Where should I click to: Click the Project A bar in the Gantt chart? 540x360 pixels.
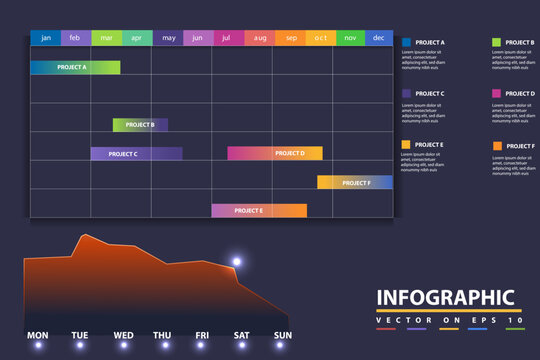pos(75,67)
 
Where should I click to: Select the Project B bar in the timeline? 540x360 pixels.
pos(140,125)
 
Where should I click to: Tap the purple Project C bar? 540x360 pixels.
pos(136,154)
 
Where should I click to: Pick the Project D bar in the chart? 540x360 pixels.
pos(275,154)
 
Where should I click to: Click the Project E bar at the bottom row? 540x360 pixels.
pos(259,211)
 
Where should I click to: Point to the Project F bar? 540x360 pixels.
pos(355,183)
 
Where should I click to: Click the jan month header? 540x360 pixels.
pos(45,38)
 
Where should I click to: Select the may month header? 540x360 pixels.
pos(168,38)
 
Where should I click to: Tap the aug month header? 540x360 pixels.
pos(260,38)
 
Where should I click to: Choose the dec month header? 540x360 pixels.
pos(378,38)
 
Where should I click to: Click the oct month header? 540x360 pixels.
pos(320,38)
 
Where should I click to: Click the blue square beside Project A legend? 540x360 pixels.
pos(407,43)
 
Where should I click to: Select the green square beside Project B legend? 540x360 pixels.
pos(497,43)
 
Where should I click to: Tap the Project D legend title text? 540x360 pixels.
pos(520,93)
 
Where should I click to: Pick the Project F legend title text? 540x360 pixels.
pos(520,146)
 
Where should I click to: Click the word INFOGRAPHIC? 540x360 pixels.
pos(445,298)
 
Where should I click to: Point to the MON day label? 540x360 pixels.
pos(37,335)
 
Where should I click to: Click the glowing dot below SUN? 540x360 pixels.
pos(283,345)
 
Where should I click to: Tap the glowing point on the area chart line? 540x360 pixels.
pos(237,262)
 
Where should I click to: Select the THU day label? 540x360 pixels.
pos(162,335)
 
